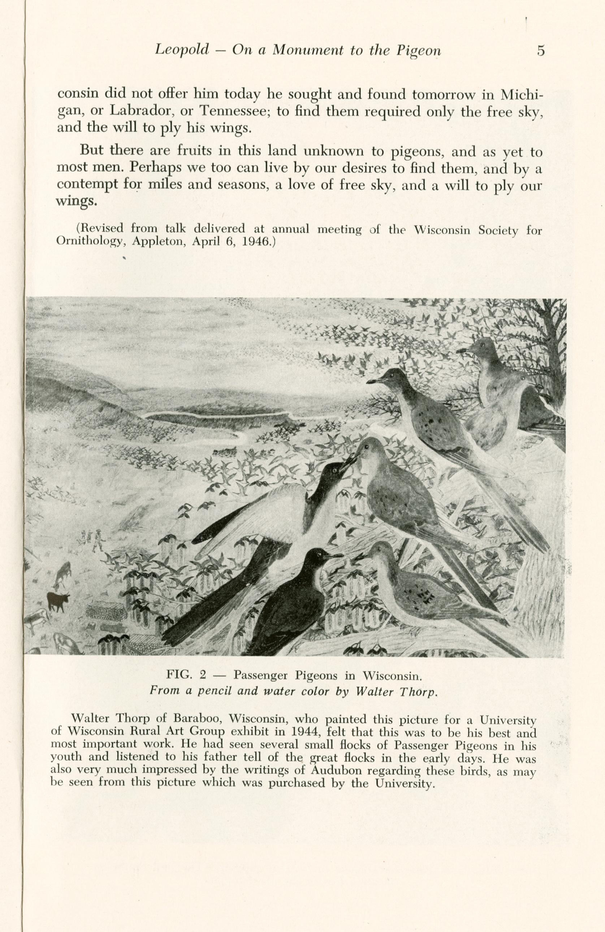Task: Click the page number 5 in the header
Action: [x=541, y=51]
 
